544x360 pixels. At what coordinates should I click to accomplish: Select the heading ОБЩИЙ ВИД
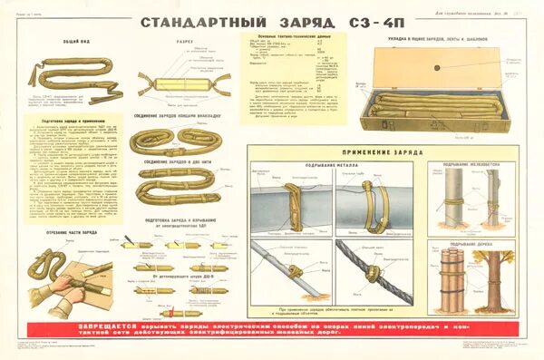pos(61,41)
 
